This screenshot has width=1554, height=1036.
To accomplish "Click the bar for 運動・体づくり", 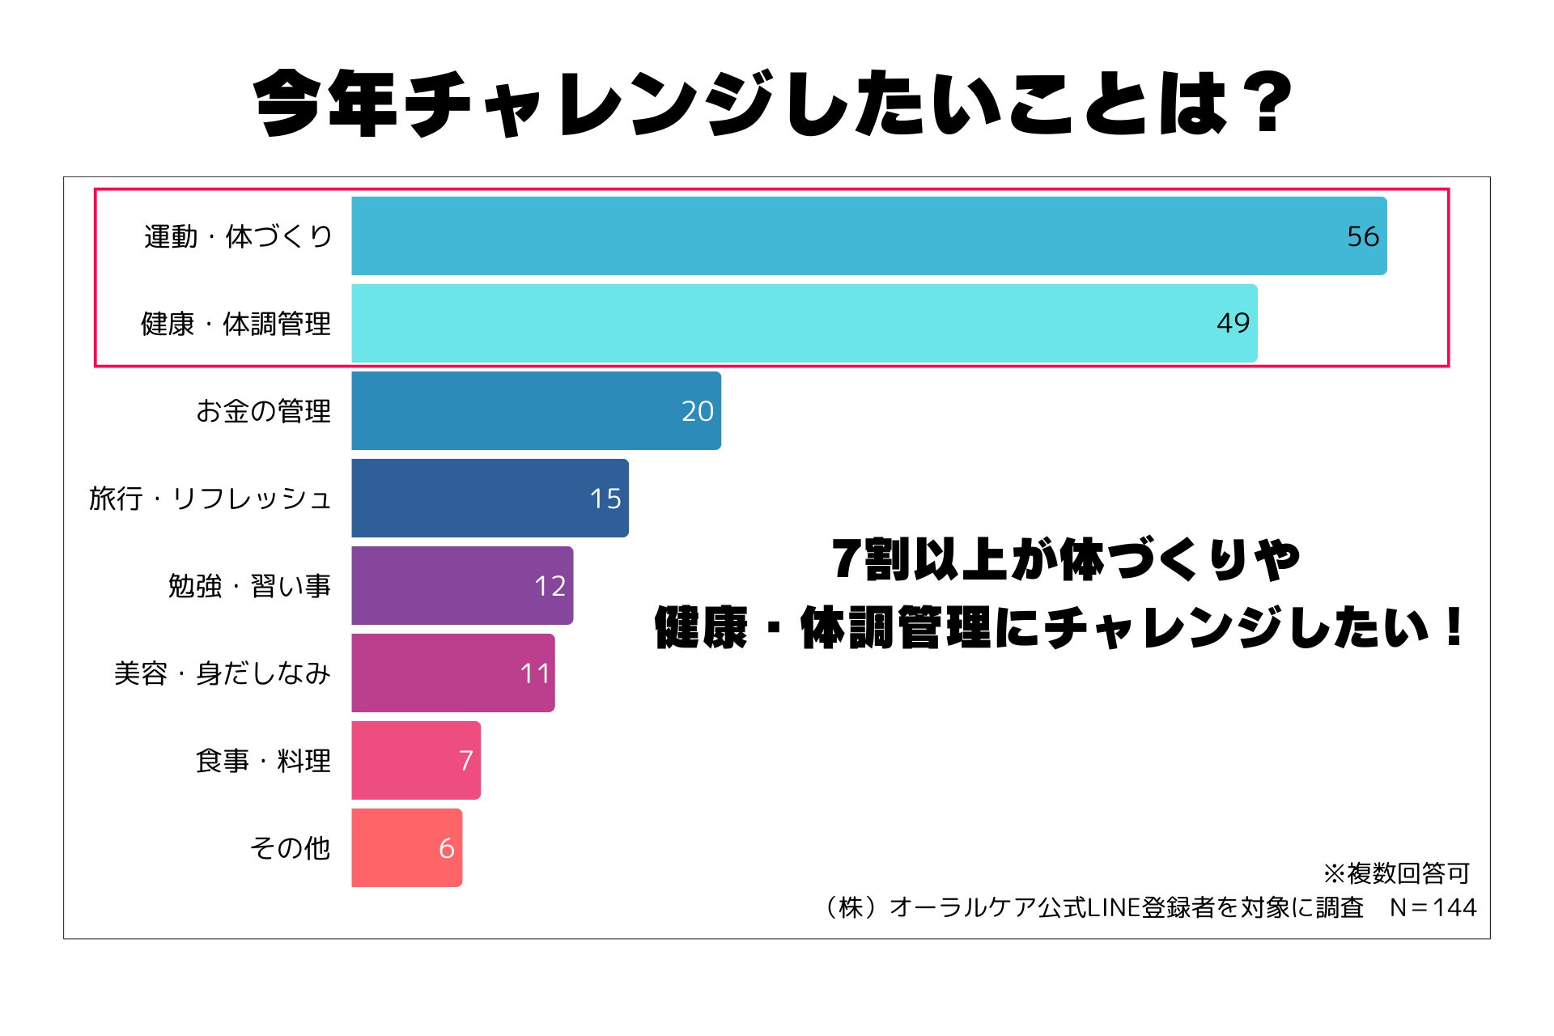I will pyautogui.click(x=868, y=236).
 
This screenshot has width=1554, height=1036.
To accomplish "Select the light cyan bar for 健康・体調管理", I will pyautogui.click(x=804, y=323).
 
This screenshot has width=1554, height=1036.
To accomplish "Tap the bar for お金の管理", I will pyautogui.click(x=536, y=410).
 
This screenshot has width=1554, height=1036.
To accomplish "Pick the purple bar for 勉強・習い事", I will pyautogui.click(x=461, y=585).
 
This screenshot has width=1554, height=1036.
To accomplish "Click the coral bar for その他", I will pyautogui.click(x=406, y=847).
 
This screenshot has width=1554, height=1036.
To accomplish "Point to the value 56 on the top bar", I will pyautogui.click(x=1362, y=236).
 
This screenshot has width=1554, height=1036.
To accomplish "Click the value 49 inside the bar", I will pyautogui.click(x=1233, y=323).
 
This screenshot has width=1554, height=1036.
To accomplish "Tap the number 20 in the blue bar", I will pyautogui.click(x=697, y=411).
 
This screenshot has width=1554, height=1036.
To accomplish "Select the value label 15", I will pyautogui.click(x=605, y=499).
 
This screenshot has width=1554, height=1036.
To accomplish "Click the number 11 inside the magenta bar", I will pyautogui.click(x=534, y=673).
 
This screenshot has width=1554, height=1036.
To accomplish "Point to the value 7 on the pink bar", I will pyautogui.click(x=465, y=761).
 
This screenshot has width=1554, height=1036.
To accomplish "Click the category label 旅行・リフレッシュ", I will pyautogui.click(x=210, y=499).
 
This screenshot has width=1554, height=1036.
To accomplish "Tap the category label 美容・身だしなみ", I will pyautogui.click(x=222, y=673).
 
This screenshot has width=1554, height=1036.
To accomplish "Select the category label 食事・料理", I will pyautogui.click(x=263, y=761).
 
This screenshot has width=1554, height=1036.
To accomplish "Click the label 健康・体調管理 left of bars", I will pyautogui.click(x=236, y=324).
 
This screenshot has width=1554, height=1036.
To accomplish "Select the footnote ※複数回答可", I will pyautogui.click(x=1396, y=873).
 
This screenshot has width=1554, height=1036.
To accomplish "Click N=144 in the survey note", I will pyautogui.click(x=1433, y=907).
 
